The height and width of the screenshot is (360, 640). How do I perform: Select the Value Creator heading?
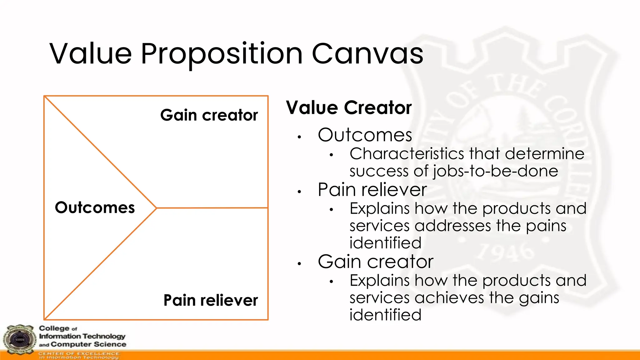(x=349, y=108)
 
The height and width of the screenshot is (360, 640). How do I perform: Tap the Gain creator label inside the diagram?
(x=209, y=115)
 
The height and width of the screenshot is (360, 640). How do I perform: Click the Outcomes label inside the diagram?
(x=95, y=207)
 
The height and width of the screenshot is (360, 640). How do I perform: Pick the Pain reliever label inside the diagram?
(x=211, y=300)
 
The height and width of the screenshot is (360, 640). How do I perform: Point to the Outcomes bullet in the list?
(x=365, y=135)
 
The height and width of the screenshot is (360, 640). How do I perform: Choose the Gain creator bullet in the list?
(x=375, y=262)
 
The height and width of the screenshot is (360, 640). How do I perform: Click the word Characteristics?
(x=407, y=154)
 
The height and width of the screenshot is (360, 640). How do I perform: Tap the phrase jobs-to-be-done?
(x=495, y=171)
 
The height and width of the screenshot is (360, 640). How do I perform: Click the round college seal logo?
(x=19, y=340)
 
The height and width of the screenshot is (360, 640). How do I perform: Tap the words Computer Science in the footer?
(x=88, y=344)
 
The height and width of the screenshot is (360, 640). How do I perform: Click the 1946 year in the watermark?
(x=506, y=252)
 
